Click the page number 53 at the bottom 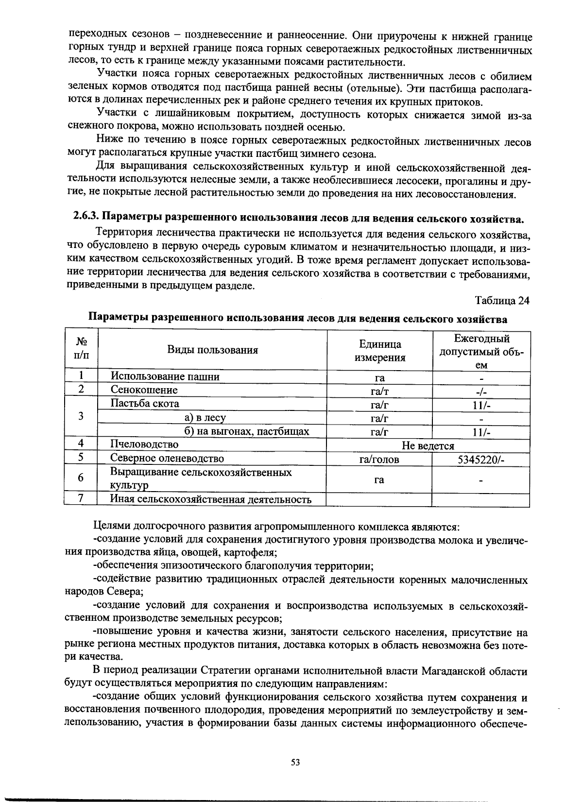pyautogui.click(x=295, y=762)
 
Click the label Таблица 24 pyautogui.click(x=502, y=301)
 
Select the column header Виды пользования pyautogui.click(x=212, y=350)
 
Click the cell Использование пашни pyautogui.click(x=165, y=376)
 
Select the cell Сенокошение pyautogui.click(x=144, y=390)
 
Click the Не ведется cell pyautogui.click(x=428, y=445)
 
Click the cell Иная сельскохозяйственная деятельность pyautogui.click(x=210, y=499)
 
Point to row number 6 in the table pyautogui.click(x=81, y=478)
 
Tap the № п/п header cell pyautogui.click(x=81, y=350)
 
